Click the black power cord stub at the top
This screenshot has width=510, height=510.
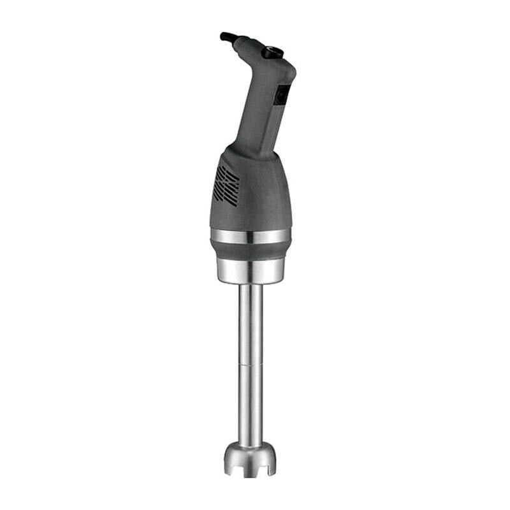click(228, 37)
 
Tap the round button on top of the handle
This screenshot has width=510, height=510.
click(275, 51)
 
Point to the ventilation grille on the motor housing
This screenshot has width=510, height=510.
click(227, 185)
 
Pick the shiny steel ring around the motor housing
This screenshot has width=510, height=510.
click(251, 236)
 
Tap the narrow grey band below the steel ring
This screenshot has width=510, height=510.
click(251, 250)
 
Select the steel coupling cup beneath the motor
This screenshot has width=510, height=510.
click(251, 271)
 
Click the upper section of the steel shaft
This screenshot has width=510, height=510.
click(251, 325)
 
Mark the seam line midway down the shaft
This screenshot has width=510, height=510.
click(251, 365)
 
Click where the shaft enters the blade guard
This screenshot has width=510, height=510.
click(251, 445)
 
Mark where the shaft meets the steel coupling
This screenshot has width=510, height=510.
click(251, 286)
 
